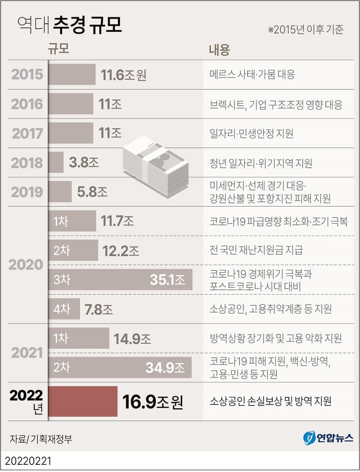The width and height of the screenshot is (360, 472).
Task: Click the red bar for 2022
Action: (82, 401)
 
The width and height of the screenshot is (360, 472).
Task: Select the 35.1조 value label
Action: (167, 280)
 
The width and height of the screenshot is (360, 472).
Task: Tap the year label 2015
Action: (27, 75)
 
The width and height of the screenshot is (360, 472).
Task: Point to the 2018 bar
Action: (56, 162)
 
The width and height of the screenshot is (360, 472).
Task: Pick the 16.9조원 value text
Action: (153, 401)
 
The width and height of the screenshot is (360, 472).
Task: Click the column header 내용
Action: (219, 50)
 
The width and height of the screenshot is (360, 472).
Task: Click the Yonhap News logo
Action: (328, 438)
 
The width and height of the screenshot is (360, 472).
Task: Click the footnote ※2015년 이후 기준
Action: (306, 30)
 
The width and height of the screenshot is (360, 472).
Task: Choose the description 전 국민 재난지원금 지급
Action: (256, 250)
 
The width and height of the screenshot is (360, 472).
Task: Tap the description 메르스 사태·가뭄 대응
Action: (252, 75)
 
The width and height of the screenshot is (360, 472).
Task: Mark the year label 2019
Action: (27, 192)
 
